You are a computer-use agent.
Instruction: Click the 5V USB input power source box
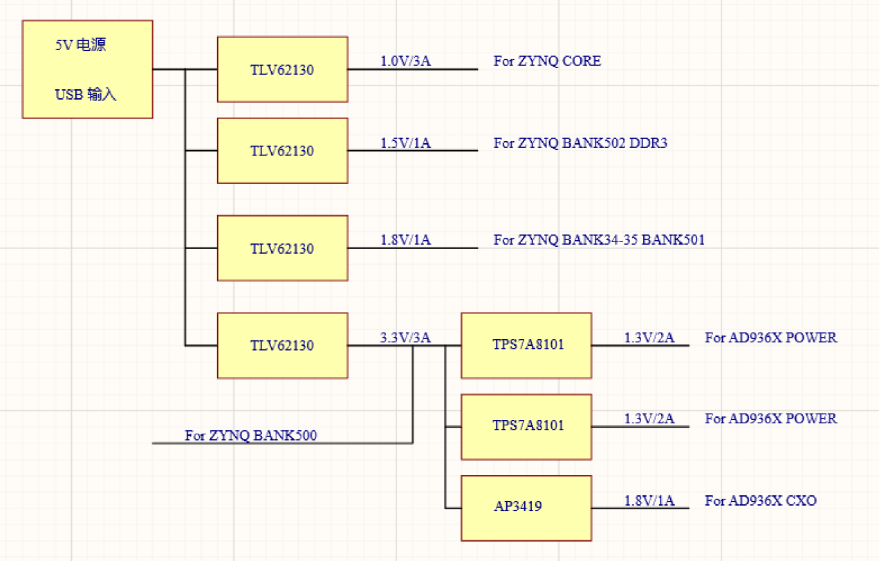point(87,69)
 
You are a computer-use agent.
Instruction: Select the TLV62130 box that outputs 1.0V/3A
point(282,69)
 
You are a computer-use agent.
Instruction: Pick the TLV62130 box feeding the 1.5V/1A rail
point(282,151)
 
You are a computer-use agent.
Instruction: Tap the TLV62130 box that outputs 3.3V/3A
point(282,345)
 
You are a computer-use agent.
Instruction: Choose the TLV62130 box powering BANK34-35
point(282,248)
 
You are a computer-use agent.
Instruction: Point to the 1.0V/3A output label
point(405,61)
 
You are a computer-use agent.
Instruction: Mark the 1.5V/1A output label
point(405,143)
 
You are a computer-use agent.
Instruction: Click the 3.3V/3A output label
point(405,338)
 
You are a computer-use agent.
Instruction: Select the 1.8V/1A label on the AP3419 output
point(649,500)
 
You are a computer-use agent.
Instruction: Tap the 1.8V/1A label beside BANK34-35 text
point(405,240)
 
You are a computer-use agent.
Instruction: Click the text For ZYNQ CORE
point(547,61)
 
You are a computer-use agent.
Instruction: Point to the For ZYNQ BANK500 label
point(251,436)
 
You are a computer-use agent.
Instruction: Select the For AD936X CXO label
point(761,500)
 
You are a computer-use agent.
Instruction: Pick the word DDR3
point(649,143)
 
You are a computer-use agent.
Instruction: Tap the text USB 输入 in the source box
point(86,94)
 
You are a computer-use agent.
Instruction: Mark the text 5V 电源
point(81,46)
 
